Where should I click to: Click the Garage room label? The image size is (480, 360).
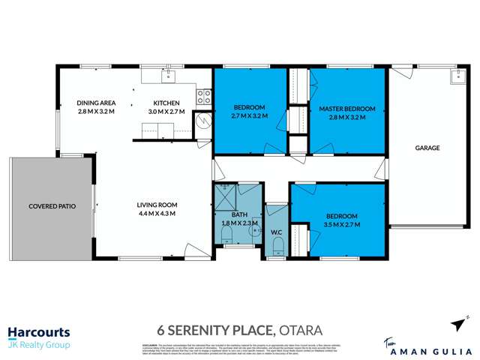tap(427, 148)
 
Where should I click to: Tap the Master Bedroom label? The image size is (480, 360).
tap(347, 109)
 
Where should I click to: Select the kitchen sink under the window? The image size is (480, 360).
tap(170, 75)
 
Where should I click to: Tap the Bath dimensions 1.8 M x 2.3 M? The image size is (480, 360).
tap(238, 223)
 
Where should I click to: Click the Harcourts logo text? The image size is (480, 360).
tap(39, 331)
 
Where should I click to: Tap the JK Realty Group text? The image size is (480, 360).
tap(39, 345)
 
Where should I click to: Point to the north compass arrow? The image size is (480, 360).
tap(458, 323)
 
